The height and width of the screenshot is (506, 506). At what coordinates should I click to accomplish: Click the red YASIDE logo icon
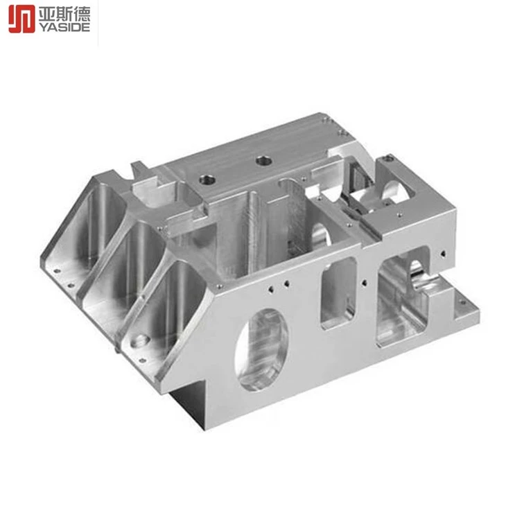(x=21, y=19)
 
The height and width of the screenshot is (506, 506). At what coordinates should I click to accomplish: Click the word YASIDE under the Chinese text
(x=64, y=28)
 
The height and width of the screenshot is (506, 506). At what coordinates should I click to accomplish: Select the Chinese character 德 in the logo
(x=82, y=14)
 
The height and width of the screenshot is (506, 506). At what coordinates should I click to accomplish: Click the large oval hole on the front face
(x=262, y=349)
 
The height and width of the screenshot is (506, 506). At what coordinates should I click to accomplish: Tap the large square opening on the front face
(x=403, y=296)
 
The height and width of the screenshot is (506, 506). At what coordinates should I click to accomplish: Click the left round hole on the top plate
(x=207, y=180)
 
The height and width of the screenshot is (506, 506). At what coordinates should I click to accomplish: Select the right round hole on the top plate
(x=263, y=160)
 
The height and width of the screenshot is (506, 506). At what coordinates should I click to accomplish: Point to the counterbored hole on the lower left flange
(x=140, y=340)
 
